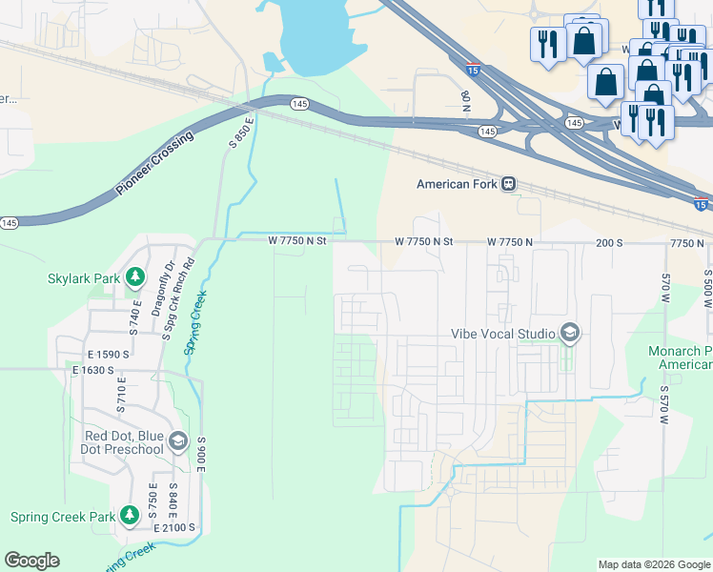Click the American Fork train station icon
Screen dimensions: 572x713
point(509,184)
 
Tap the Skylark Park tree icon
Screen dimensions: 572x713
point(135,278)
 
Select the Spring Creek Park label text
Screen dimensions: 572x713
point(63,518)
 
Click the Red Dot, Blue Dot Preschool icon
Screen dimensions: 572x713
point(177,440)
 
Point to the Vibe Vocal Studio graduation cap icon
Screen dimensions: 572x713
point(570,334)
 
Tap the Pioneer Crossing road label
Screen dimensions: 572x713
point(154,164)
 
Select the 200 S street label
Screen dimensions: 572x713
point(609,243)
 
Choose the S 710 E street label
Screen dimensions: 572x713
point(121,397)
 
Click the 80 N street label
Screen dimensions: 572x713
point(465,99)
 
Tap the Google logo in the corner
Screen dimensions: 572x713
point(31,561)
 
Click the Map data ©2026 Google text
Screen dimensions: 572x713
point(653,564)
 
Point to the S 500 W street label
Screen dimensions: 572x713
point(707,287)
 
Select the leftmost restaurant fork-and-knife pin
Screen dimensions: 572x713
point(547,46)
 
